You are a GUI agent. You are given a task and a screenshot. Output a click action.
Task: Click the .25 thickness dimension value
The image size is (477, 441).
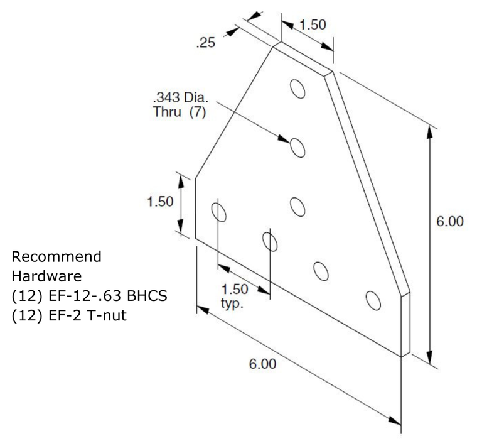[x=206, y=43]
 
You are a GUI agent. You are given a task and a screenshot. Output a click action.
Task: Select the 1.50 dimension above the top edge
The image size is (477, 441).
[x=313, y=24]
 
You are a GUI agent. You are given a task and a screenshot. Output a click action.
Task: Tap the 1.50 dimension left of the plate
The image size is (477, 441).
[x=160, y=202]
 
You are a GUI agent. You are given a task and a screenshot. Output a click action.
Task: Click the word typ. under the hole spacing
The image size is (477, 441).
[x=232, y=303]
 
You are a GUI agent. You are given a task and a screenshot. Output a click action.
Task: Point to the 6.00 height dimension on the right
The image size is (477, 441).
[x=450, y=221]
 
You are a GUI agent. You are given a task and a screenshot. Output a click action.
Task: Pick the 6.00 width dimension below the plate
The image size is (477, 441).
[x=262, y=364]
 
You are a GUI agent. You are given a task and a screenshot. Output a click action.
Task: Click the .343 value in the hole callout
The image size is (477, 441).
[x=166, y=97]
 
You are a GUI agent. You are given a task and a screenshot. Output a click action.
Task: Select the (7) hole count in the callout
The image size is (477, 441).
[x=198, y=112]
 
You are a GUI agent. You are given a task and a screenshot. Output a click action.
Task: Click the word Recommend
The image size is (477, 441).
[x=56, y=256]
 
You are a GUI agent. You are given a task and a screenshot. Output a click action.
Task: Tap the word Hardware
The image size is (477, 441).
[x=46, y=276]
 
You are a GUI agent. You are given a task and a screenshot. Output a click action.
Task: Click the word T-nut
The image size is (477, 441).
[x=107, y=315]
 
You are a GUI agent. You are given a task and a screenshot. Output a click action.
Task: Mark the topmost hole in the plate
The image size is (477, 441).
[x=297, y=89]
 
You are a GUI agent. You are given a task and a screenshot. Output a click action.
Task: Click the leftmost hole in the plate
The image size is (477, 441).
[x=218, y=212]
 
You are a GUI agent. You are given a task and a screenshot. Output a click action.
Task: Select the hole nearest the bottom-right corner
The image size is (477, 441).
[x=373, y=301]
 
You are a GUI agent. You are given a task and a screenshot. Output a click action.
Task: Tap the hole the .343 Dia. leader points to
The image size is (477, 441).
[x=297, y=148]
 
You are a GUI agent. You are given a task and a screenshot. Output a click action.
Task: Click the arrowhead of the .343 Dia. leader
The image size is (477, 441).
[x=284, y=139]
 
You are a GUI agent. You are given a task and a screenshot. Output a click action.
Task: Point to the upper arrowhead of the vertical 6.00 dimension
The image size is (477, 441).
[x=429, y=132]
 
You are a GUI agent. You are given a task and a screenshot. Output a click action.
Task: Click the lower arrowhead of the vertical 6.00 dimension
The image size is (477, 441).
[x=429, y=357]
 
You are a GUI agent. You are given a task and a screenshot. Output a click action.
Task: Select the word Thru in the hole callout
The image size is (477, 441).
[x=167, y=112]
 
